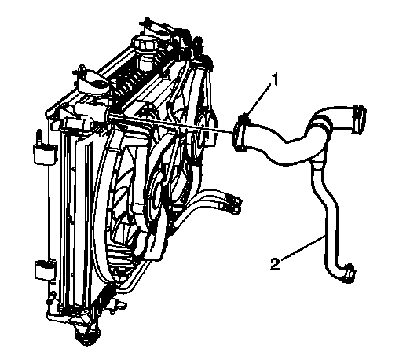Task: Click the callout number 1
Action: (273, 79)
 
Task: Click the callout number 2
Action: (275, 264)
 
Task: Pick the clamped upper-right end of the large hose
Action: (359, 119)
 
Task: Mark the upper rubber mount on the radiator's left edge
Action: (45, 155)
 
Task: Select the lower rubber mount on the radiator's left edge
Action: (45, 270)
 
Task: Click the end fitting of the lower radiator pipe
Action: (233, 204)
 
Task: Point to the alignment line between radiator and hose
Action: (171, 125)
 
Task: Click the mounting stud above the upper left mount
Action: (38, 138)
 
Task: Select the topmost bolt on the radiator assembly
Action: (148, 21)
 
